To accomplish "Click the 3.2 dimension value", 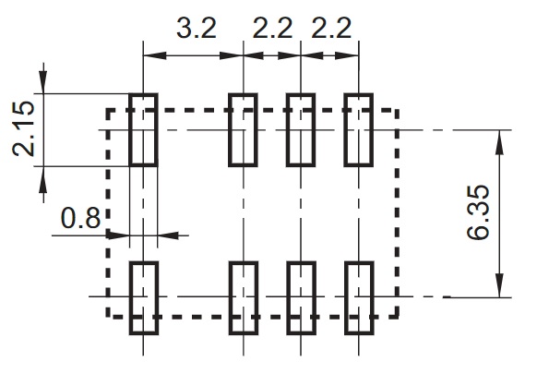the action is pyautogui.click(x=197, y=28).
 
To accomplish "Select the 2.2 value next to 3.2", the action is pyautogui.click(x=272, y=28).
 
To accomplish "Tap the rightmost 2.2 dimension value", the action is pyautogui.click(x=331, y=28).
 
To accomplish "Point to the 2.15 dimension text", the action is pyautogui.click(x=24, y=129).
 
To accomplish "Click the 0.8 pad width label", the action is pyautogui.click(x=81, y=218).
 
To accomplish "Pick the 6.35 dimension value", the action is pyautogui.click(x=478, y=212).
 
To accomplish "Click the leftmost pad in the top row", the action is pyautogui.click(x=144, y=130).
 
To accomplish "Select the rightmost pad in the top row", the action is pyautogui.click(x=359, y=130).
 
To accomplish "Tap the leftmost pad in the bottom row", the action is pyautogui.click(x=144, y=298).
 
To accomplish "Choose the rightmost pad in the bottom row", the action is pyautogui.click(x=359, y=298).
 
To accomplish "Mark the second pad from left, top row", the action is pyautogui.click(x=244, y=130).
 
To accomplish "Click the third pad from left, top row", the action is pyautogui.click(x=301, y=130).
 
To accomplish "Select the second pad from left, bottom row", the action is pyautogui.click(x=244, y=298).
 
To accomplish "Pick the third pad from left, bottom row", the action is pyautogui.click(x=301, y=298).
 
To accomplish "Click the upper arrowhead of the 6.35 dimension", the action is pyautogui.click(x=500, y=141).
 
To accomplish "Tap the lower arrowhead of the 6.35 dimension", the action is pyautogui.click(x=500, y=285).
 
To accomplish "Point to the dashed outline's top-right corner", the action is pyautogui.click(x=397, y=111).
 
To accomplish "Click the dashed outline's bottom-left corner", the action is pyautogui.click(x=108, y=317).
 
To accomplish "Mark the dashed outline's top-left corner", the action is pyautogui.click(x=108, y=111).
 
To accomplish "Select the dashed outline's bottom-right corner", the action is pyautogui.click(x=397, y=317).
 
